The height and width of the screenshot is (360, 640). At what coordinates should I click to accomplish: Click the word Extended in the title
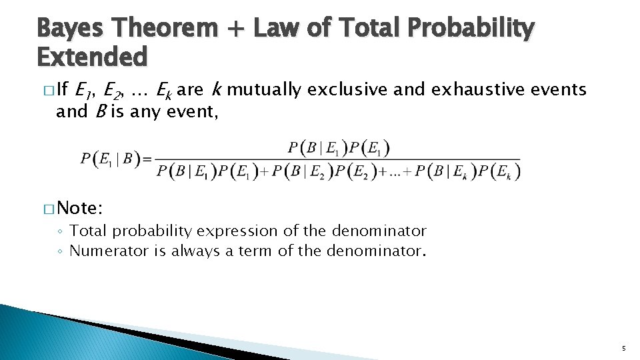pos(91,57)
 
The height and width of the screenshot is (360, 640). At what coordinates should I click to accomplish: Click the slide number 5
pos(623,348)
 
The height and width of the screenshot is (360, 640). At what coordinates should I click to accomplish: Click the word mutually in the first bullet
pos(264,89)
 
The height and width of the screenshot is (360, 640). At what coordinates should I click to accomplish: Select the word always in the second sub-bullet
pos(193,251)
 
